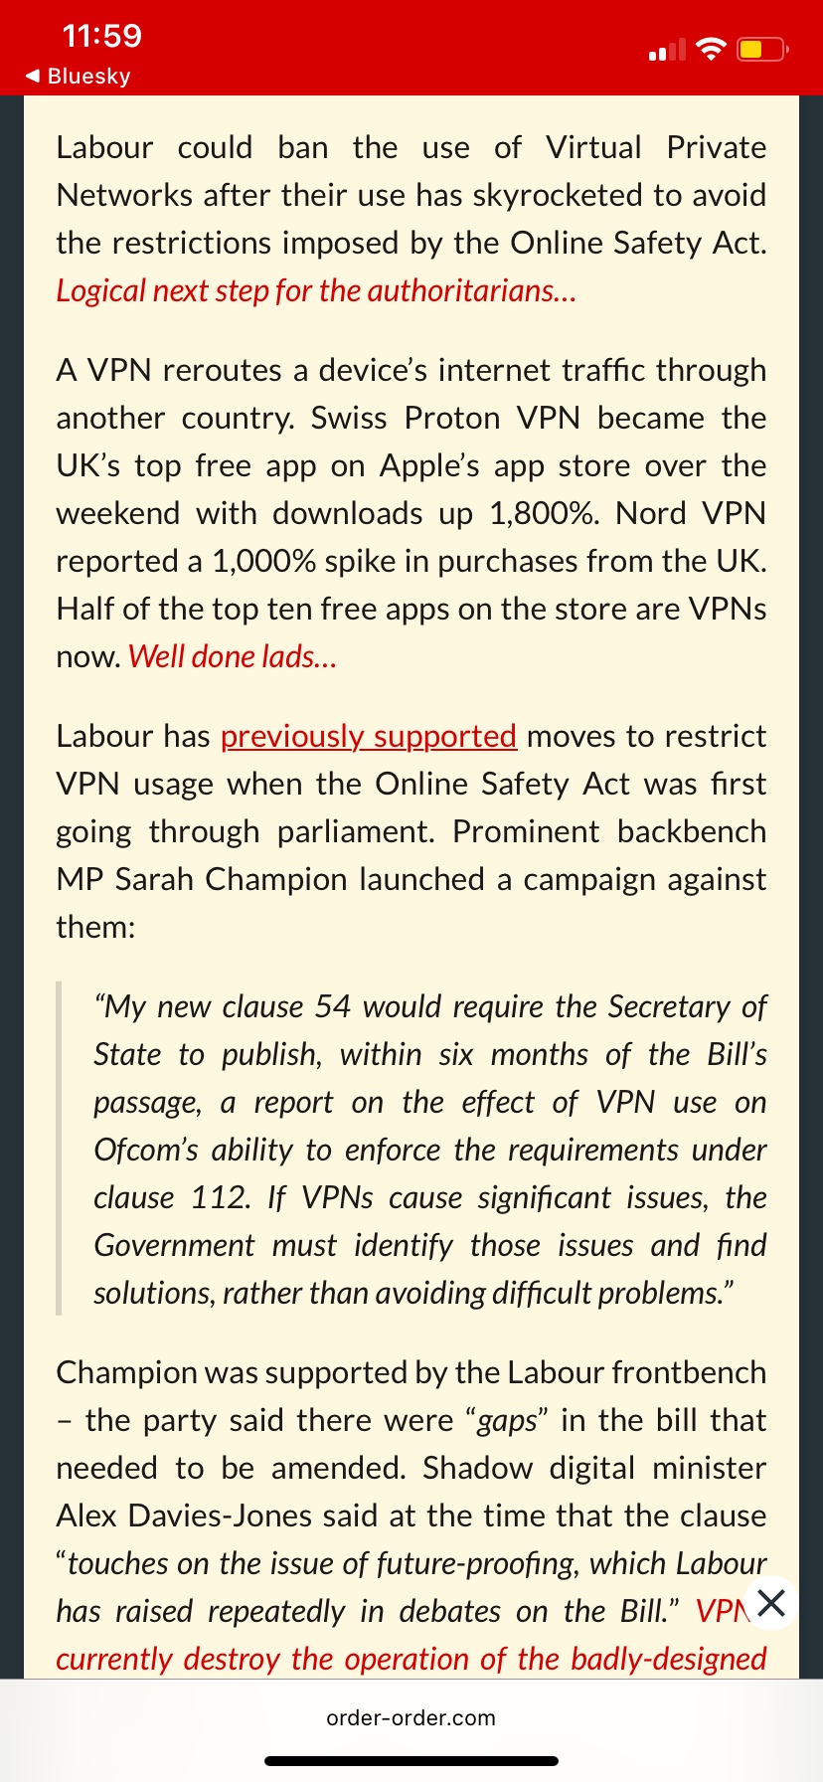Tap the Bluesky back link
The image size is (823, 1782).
click(79, 77)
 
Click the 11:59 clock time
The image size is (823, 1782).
click(101, 37)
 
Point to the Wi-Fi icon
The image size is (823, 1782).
click(711, 49)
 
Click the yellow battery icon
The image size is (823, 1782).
click(761, 49)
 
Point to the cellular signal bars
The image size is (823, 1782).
click(667, 50)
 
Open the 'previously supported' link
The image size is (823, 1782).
click(368, 736)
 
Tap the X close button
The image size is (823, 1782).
click(771, 1602)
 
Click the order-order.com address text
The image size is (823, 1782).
click(411, 1717)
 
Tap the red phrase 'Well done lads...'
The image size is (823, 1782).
click(233, 656)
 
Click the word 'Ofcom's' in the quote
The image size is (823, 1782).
click(145, 1150)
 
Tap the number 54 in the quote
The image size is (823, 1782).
click(333, 1006)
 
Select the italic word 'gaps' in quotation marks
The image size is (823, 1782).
click(507, 1420)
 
